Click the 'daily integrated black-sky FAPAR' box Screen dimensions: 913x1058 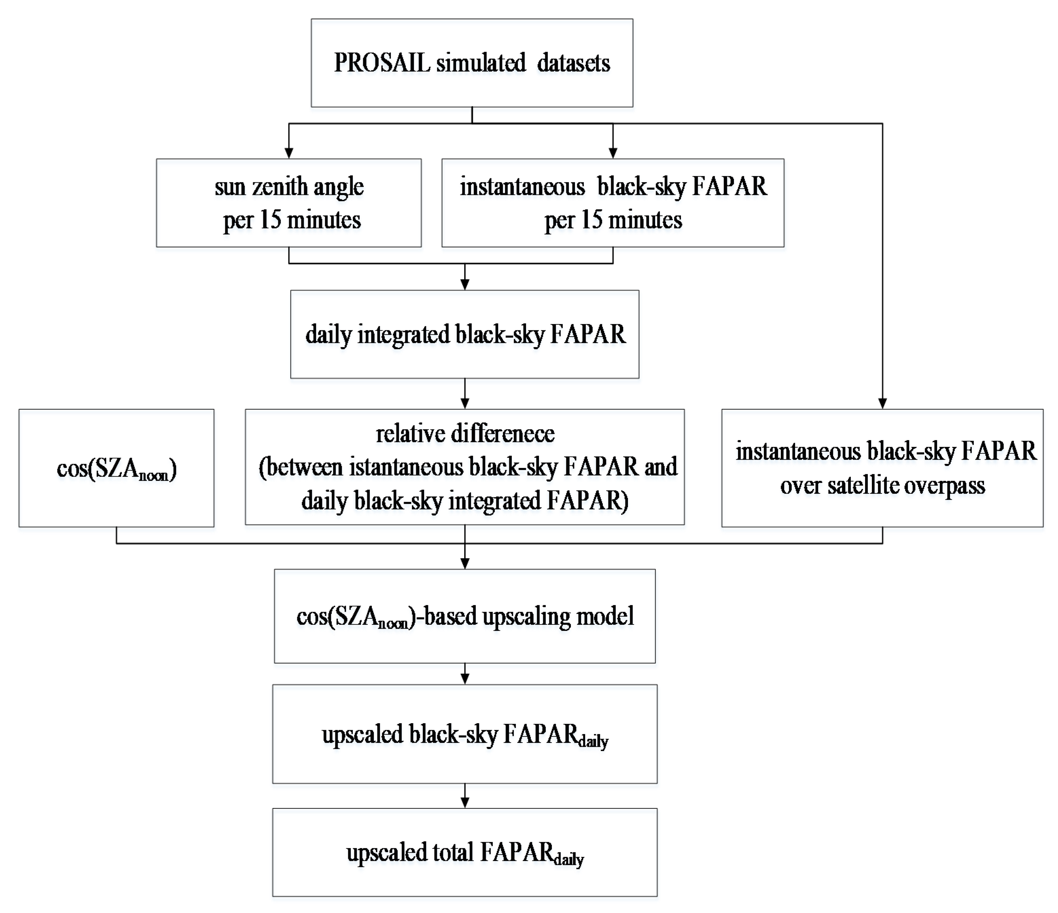465,334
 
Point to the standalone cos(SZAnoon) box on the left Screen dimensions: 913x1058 116,468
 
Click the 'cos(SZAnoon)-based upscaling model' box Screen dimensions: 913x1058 465,616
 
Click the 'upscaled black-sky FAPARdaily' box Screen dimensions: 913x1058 465,734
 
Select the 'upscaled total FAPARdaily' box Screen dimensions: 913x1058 465,852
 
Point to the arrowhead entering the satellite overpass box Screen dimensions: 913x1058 882,403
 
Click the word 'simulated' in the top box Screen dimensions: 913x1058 481,63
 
